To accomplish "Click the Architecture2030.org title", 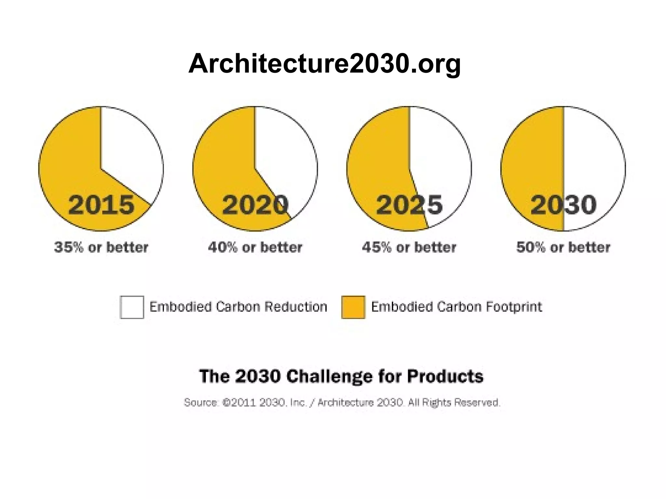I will tap(324, 64).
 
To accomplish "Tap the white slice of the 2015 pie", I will tap(130, 153).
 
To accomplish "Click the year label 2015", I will tap(101, 205).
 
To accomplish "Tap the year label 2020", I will tap(255, 205).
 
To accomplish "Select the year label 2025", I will tap(409, 205).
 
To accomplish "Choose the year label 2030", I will tap(564, 205).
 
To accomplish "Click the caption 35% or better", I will tap(101, 247).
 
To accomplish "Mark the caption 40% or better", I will tap(255, 247).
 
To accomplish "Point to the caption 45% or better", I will tap(409, 247).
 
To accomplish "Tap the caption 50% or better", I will tap(563, 247).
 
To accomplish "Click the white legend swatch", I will tap(132, 307).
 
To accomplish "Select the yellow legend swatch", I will tap(353, 307).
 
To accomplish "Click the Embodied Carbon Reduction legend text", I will tap(238, 307).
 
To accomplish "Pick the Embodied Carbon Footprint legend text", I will tap(457, 307).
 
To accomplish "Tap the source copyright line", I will tap(342, 403).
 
